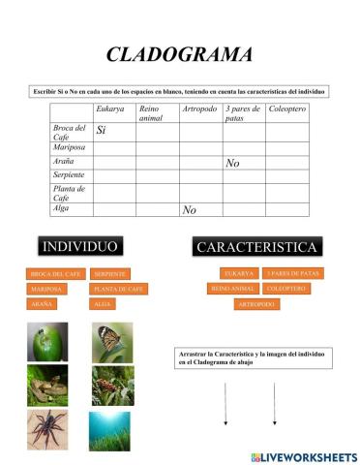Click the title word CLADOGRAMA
pos(179,54)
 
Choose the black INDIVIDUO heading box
pos(80,245)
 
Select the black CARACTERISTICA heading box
pos(257,247)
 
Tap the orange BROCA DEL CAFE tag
pos(54,274)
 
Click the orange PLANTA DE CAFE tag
pos(120,289)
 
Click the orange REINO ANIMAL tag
pos(232,289)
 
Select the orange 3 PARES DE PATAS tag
pos(292,273)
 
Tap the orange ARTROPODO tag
pos(256,304)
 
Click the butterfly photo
pos(113,342)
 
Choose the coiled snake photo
pos(47,385)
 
